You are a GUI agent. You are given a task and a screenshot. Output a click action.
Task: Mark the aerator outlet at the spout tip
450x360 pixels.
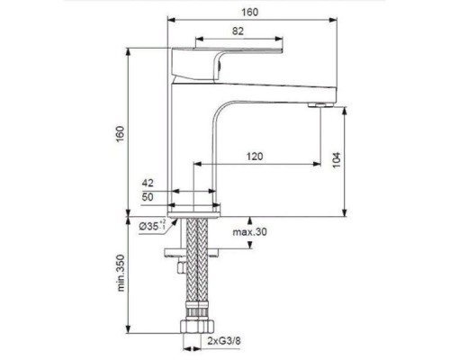coord(316,106)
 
